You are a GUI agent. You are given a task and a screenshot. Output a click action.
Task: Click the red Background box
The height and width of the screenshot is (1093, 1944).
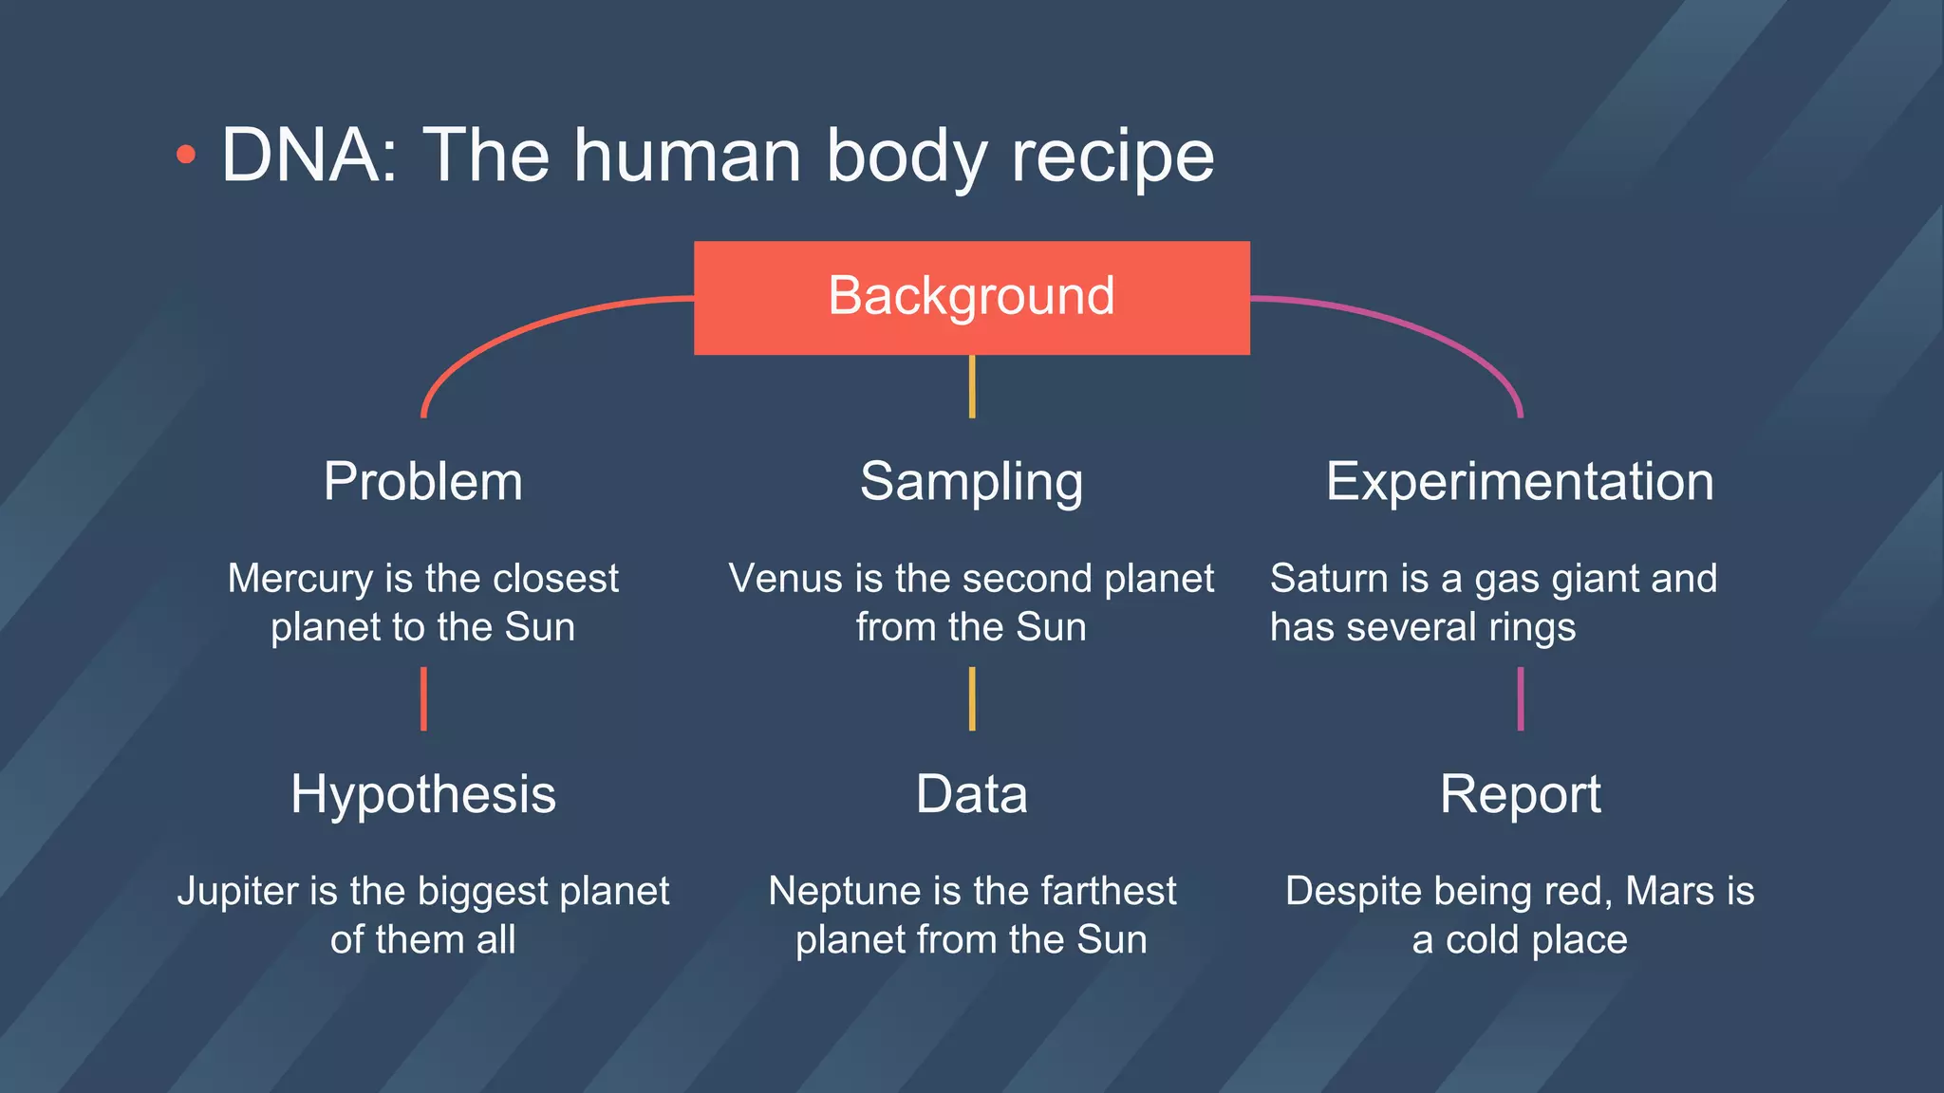[x=971, y=297]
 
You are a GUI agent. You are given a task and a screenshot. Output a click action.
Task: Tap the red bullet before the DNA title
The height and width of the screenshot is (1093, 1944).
[x=186, y=155]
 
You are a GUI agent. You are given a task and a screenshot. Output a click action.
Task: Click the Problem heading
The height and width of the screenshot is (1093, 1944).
[x=422, y=481]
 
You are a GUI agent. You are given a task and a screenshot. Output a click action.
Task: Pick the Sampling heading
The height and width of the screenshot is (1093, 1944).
[x=971, y=482]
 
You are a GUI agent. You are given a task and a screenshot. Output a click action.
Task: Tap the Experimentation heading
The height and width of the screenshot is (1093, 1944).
[x=1520, y=481]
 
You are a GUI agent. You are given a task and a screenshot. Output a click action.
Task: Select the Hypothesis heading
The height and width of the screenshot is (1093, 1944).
[x=422, y=794]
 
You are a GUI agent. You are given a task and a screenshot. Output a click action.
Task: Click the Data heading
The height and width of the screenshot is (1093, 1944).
[x=971, y=794]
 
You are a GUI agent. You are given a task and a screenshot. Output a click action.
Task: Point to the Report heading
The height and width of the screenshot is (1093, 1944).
[x=1520, y=794]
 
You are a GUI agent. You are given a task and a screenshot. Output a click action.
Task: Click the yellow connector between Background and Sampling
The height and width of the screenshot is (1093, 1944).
[x=971, y=386]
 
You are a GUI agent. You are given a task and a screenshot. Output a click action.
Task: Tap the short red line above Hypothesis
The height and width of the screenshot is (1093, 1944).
[x=423, y=699]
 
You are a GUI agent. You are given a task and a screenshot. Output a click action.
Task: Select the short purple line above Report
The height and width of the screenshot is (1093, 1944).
[x=1521, y=699]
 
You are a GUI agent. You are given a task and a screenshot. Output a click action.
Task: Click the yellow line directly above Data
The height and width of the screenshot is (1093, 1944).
[x=971, y=699]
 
